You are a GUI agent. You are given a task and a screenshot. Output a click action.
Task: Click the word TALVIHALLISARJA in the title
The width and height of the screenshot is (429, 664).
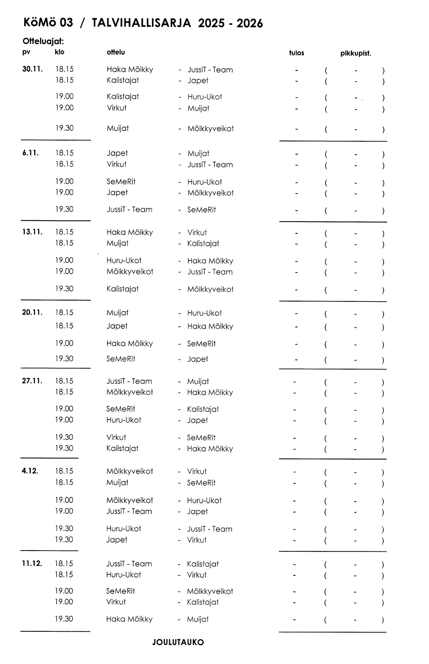point(141,23)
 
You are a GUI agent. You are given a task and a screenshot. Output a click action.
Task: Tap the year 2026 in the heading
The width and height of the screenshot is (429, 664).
point(250,23)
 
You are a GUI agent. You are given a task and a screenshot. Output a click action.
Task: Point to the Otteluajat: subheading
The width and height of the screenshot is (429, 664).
point(43,41)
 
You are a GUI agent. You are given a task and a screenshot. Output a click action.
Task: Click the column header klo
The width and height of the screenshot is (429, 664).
point(59,52)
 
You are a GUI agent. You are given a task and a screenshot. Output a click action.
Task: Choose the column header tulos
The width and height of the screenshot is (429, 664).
point(297,53)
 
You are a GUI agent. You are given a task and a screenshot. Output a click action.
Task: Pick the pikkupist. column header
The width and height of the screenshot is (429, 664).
point(356,54)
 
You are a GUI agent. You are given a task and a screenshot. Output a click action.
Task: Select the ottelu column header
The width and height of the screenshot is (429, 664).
point(116,52)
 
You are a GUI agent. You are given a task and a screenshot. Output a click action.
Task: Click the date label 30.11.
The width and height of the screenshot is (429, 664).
point(32,69)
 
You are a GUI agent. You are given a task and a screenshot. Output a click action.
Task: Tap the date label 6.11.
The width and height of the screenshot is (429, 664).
point(30,153)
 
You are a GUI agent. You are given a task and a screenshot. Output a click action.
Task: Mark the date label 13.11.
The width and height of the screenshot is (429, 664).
point(32,232)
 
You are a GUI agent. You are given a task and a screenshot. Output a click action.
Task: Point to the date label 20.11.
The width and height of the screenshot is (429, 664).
point(32,312)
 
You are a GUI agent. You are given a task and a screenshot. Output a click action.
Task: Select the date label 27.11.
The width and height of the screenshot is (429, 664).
point(32,381)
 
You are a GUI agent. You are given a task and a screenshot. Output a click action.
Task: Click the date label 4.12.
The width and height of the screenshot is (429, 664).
point(30,471)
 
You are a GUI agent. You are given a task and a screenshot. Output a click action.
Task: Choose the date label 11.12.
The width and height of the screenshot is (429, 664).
point(32,563)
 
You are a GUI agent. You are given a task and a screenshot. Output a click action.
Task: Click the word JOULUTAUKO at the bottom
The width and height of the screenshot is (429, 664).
point(178,642)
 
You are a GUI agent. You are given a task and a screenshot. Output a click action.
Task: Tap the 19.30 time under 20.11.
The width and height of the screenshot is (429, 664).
point(64,358)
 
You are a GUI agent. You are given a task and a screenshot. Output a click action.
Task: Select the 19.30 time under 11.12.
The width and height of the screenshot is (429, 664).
point(64,619)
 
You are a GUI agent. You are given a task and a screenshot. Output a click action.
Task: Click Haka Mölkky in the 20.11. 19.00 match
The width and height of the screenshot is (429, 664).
point(129,343)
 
